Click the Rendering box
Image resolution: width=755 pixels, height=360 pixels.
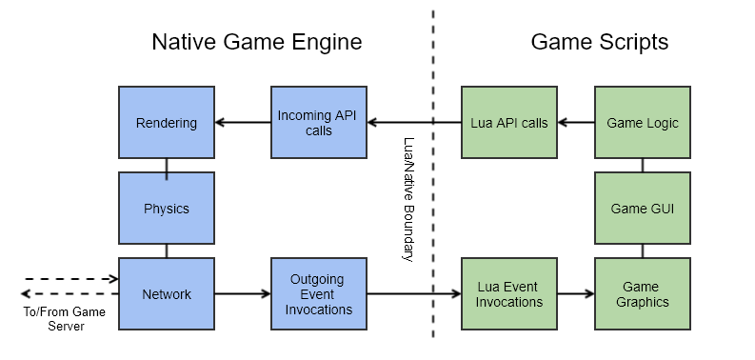(167, 123)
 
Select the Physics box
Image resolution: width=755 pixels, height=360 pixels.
(167, 209)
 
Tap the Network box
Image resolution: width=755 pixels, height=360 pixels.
(167, 294)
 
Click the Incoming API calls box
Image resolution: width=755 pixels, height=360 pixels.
(319, 123)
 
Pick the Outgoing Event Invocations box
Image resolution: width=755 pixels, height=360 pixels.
(319, 294)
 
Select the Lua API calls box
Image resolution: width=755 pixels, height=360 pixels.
(509, 123)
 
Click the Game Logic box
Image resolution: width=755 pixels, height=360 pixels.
(643, 123)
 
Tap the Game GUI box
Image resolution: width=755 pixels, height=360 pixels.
(643, 209)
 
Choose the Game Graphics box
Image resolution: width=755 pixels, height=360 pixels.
(643, 294)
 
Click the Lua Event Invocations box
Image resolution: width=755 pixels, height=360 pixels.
(509, 294)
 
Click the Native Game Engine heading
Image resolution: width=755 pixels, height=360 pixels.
(257, 42)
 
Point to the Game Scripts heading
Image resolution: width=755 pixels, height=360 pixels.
(599, 42)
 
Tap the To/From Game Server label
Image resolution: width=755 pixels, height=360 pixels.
(64, 319)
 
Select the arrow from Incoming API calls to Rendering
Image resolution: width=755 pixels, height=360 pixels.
(243, 123)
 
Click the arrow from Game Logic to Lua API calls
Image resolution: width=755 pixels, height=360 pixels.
(576, 123)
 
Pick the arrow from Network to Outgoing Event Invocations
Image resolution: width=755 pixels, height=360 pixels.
(243, 294)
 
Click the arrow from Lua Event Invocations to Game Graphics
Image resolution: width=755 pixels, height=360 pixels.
(576, 294)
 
